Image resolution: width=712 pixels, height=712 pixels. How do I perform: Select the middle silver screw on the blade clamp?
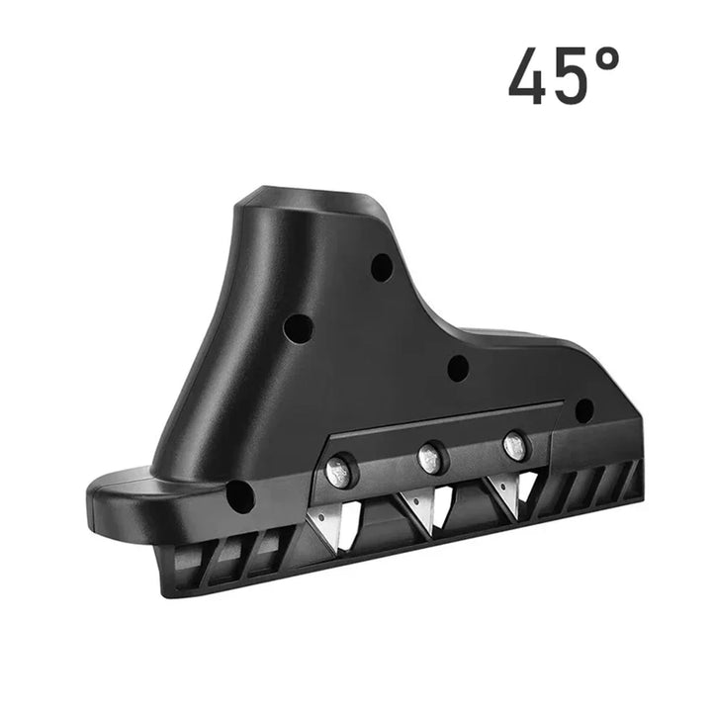coord(430,457)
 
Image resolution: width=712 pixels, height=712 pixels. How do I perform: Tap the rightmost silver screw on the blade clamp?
coord(515,445)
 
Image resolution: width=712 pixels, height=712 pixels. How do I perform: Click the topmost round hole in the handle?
coord(382,267)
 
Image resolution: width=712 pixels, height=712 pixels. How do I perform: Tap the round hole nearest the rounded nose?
coord(239,495)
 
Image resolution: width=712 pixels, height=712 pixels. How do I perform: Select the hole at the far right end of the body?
coord(584,410)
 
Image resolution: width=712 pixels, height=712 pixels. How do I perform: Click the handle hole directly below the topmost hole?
coord(298,327)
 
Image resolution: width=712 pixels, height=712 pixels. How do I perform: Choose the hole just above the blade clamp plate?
coord(458,369)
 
